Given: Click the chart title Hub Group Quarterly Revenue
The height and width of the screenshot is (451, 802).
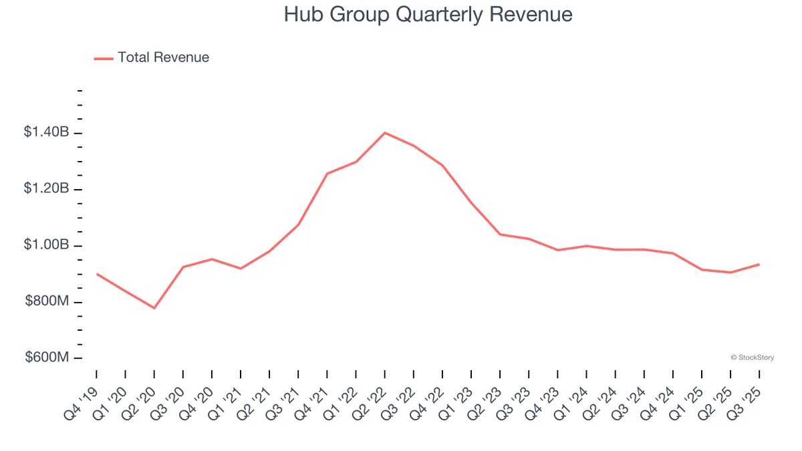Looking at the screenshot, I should pyautogui.click(x=428, y=15).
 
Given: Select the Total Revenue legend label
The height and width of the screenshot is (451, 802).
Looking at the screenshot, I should pyautogui.click(x=163, y=57).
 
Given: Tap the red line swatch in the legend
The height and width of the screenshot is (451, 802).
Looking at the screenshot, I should pyautogui.click(x=104, y=58).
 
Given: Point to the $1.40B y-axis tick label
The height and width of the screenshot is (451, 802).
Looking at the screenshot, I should pyautogui.click(x=46, y=133).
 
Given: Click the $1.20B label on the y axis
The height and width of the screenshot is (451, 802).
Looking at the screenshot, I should pyautogui.click(x=46, y=189).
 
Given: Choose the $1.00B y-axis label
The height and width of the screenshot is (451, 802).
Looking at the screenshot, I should pyautogui.click(x=46, y=245).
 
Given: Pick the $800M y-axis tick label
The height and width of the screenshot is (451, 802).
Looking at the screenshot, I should pyautogui.click(x=47, y=302).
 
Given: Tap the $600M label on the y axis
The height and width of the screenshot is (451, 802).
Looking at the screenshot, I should pyautogui.click(x=47, y=358).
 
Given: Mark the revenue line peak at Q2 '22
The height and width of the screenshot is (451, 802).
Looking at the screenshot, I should pyautogui.click(x=384, y=133).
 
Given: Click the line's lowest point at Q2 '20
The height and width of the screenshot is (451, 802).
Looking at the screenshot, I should pyautogui.click(x=154, y=308).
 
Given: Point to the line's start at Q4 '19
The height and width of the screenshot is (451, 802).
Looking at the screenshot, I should pyautogui.click(x=97, y=274).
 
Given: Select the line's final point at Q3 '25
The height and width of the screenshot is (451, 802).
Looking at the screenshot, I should pyautogui.click(x=759, y=264).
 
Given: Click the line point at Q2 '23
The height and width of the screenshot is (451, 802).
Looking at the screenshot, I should pyautogui.click(x=500, y=235).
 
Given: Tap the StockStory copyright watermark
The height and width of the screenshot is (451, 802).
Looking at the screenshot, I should pyautogui.click(x=753, y=358).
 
